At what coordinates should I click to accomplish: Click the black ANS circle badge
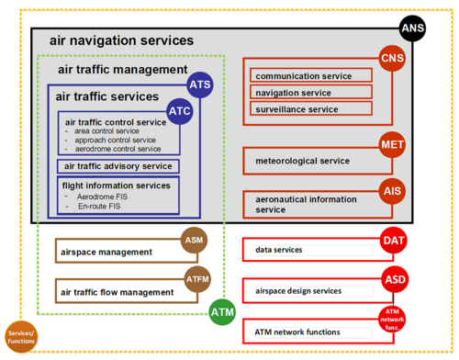pos(412,29)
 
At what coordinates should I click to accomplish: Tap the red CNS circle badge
pos(392,61)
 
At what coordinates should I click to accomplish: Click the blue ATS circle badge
pos(200,84)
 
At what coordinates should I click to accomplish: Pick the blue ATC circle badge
pos(180,111)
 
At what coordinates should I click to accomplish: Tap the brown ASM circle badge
pos(195,241)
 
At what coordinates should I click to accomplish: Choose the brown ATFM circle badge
pos(195,279)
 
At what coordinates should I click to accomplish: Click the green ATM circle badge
pos(221,312)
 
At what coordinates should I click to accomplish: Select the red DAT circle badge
pos(392,242)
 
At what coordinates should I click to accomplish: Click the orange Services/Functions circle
pos(20,336)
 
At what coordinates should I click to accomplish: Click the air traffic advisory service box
pos(118,166)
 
